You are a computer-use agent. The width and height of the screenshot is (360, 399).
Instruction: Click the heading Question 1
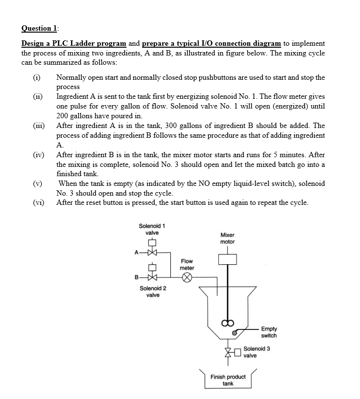click(x=40, y=29)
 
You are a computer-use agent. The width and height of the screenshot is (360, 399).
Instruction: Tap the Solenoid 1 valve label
click(x=152, y=229)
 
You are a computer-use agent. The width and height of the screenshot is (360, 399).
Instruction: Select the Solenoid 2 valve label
click(x=153, y=291)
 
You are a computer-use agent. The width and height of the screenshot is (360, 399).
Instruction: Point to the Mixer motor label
click(x=227, y=238)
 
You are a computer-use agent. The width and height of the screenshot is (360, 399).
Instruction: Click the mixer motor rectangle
click(x=227, y=259)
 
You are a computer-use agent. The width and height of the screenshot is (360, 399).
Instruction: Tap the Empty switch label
click(x=269, y=332)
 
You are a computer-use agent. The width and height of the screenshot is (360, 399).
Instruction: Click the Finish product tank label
click(x=228, y=380)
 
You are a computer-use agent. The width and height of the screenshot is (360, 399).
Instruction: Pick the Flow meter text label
click(x=187, y=265)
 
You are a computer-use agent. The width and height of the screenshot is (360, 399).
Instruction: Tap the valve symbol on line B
click(x=152, y=278)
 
